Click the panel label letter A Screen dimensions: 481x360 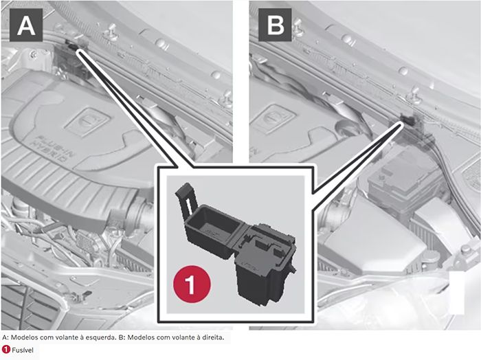[x=26, y=25]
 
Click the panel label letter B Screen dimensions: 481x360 [x=275, y=25]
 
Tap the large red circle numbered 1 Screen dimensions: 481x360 [x=192, y=284]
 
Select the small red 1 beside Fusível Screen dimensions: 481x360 [x=5, y=350]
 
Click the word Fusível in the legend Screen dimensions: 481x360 [x=23, y=350]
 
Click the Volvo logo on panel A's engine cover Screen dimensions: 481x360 [x=87, y=122]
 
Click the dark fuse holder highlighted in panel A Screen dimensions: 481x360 [x=72, y=58]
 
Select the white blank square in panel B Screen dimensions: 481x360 [x=457, y=293]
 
